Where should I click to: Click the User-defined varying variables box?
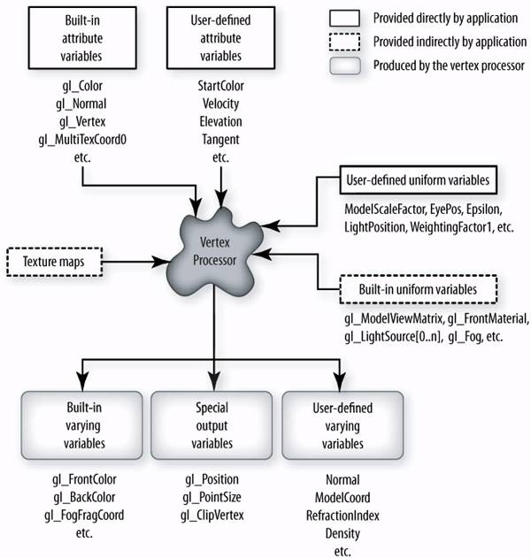[342, 425]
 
